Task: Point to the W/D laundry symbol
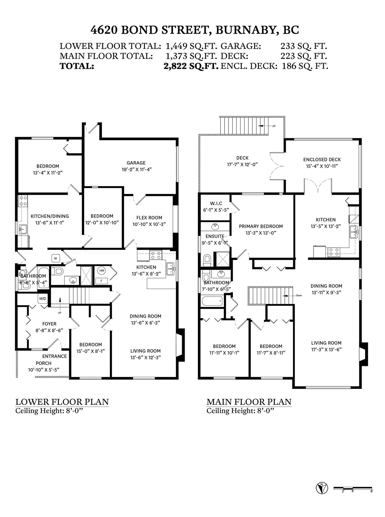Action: tap(42, 299)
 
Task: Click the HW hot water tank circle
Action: tap(102, 271)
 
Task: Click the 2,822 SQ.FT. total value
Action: tap(191, 66)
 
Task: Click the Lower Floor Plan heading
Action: tap(62, 402)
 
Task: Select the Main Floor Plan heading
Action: tap(249, 402)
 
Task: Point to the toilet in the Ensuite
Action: tap(207, 260)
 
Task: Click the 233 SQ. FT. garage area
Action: tap(304, 46)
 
